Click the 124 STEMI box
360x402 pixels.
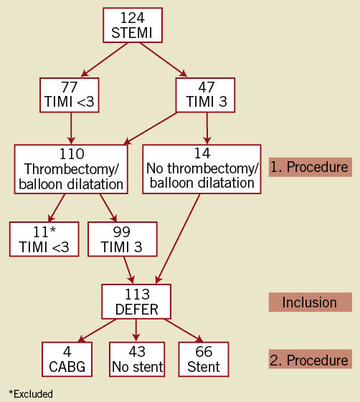133,25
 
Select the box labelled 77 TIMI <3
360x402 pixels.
70,95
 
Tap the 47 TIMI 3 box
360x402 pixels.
205,95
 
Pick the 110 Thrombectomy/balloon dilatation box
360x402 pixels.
71,169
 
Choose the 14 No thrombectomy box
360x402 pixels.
202,169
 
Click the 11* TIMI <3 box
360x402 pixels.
44,239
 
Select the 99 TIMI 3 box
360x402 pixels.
123,239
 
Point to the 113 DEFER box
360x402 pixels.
136,302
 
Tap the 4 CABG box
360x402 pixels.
67,359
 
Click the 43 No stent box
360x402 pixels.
137,359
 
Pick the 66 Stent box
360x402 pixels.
204,359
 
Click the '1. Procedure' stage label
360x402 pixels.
311,167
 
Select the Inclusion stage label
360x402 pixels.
311,302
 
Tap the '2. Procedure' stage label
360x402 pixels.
311,359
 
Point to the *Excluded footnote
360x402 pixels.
31,394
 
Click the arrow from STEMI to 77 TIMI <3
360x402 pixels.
104,59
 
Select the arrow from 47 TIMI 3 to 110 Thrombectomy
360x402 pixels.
151,128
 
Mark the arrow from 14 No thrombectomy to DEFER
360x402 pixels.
178,239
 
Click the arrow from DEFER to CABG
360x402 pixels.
97,331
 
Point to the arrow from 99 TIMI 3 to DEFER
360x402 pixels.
129,270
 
